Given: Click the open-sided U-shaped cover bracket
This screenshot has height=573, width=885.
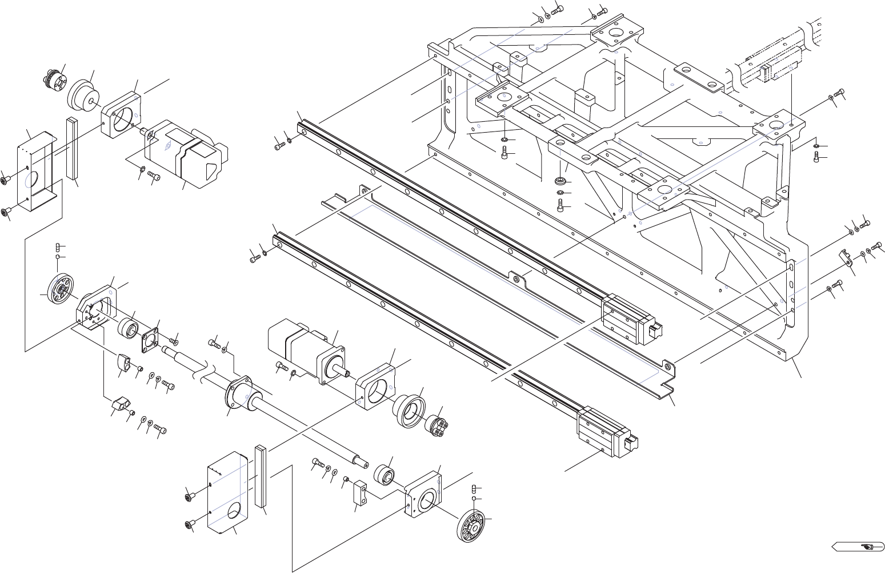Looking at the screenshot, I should coord(37,169).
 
